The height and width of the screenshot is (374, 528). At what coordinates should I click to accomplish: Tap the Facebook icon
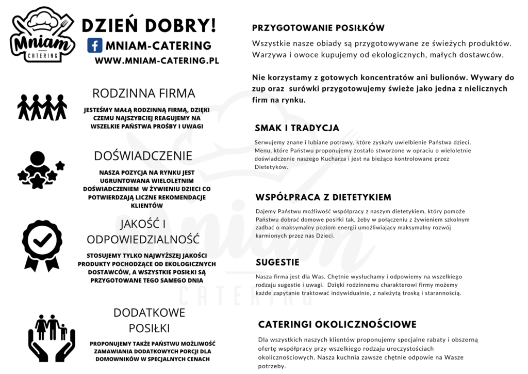pos(94,45)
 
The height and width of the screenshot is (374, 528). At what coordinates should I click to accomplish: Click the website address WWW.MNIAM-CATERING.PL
pos(157,60)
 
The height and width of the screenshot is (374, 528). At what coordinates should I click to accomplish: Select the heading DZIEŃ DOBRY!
pos(149,25)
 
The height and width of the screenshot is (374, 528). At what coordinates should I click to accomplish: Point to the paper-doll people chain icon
pos(42,107)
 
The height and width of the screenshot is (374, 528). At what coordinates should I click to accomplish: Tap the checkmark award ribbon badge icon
pos(42,245)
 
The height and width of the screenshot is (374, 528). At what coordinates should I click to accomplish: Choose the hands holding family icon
pos(51,332)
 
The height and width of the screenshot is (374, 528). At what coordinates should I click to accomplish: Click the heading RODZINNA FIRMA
pos(143,93)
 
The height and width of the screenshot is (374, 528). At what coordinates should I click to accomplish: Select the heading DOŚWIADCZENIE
pos(143,156)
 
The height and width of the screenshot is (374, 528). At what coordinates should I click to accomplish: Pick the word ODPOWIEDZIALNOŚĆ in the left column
pos(143,239)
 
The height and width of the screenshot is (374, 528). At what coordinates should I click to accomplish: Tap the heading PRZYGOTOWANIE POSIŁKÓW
pos(318,28)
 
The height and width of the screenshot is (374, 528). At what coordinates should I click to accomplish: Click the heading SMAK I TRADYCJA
pos(297,128)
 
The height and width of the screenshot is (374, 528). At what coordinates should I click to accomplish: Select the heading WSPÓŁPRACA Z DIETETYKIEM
pos(323,197)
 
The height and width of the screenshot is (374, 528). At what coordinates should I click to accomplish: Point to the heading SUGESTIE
pos(277,262)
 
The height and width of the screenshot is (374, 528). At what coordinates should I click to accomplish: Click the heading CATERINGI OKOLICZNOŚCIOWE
pos(337,324)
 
